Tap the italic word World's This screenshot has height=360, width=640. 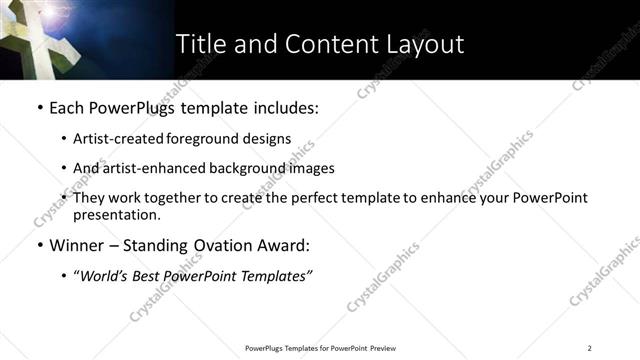[x=103, y=276]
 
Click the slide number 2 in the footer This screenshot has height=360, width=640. [x=590, y=348]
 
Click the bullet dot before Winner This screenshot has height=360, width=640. [x=39, y=246]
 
